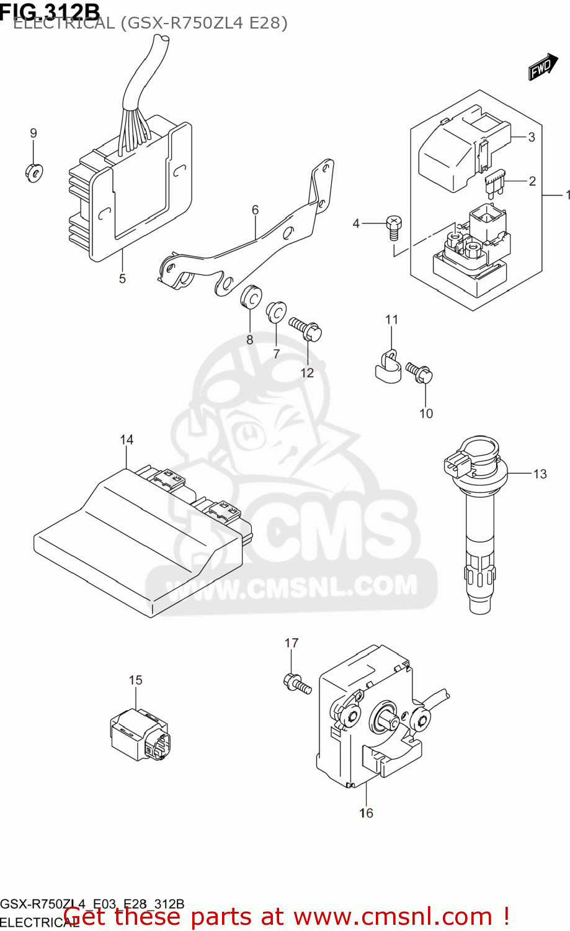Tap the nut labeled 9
coord(33,172)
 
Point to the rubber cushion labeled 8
coord(251,297)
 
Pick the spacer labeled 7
coord(275,313)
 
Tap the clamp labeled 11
coord(387,366)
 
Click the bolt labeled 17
coord(296,683)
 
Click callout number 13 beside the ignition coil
coord(540,474)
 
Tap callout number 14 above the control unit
coord(127,440)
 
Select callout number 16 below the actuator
coord(366,813)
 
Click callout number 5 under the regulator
coord(122,279)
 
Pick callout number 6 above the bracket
coord(255,210)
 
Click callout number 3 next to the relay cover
coord(531,137)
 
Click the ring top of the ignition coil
coord(479,448)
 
